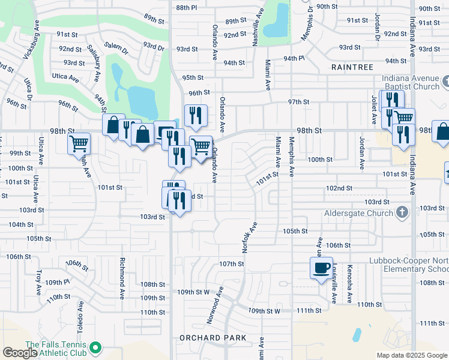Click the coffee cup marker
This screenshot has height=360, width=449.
point(321,266)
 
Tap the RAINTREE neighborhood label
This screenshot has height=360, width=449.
point(352,68)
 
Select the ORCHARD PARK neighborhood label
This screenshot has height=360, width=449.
point(213,338)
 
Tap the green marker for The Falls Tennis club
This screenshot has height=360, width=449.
point(95,348)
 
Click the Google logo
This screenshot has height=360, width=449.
point(20,353)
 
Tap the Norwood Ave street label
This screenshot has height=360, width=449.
point(215,305)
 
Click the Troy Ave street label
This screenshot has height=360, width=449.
point(38,281)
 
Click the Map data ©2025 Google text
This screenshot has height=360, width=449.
point(411,355)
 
